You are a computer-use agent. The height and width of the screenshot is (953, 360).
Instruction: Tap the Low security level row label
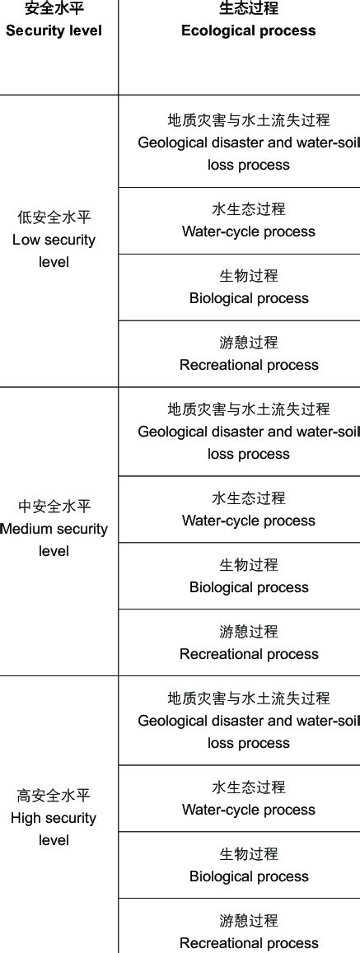54,240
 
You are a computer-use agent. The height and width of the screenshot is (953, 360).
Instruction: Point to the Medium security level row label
54,529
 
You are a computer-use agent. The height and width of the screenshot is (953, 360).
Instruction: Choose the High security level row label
54,818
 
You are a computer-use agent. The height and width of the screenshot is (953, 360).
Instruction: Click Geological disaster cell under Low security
248,142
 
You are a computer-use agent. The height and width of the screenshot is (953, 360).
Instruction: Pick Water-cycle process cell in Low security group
248,221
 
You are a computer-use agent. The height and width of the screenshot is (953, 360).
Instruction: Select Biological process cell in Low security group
248,287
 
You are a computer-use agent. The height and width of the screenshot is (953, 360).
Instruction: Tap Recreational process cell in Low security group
248,354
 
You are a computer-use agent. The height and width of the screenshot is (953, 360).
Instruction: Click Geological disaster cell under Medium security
248,431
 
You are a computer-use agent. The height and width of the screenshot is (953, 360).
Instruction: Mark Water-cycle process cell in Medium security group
248,510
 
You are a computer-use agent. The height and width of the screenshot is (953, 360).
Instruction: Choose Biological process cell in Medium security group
248,577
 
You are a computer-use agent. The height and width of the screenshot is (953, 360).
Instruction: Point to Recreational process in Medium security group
248,643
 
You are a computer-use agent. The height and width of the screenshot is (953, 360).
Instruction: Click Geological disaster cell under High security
248,720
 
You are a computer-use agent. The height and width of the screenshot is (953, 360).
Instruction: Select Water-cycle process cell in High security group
248,799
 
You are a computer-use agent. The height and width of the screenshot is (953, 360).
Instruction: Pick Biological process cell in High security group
248,866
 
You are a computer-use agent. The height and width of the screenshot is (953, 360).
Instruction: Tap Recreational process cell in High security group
248,932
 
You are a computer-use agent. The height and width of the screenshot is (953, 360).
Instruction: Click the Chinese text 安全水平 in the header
54,9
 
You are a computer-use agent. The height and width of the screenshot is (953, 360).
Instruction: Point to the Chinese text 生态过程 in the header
248,9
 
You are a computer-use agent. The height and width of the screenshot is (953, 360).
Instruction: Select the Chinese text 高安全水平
54,796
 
